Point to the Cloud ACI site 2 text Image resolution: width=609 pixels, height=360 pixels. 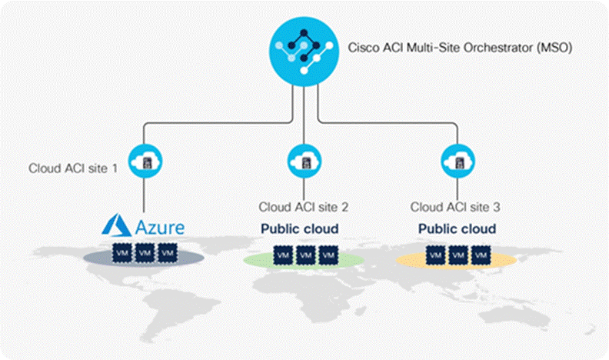(304, 206)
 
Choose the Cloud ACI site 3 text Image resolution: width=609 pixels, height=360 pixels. (456, 206)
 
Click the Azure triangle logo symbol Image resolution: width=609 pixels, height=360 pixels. (117, 226)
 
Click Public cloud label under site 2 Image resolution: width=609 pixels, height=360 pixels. (304, 228)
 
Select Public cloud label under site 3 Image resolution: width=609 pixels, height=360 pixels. (457, 228)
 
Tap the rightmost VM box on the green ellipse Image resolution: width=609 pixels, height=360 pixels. (328, 255)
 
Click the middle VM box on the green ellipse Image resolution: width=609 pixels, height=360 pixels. (305, 255)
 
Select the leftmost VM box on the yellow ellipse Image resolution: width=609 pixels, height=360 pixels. (435, 255)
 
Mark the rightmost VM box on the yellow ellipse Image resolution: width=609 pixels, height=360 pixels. (481, 255)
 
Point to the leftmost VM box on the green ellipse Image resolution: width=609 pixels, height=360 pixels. (282, 255)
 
